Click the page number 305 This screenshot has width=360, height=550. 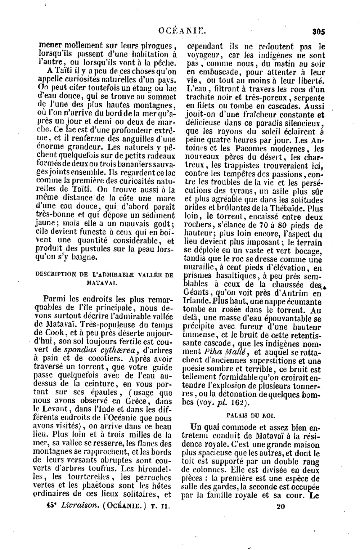pos(319,31)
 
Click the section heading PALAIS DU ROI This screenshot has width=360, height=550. pos(251,415)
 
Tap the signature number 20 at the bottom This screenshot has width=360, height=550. pos(281,506)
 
